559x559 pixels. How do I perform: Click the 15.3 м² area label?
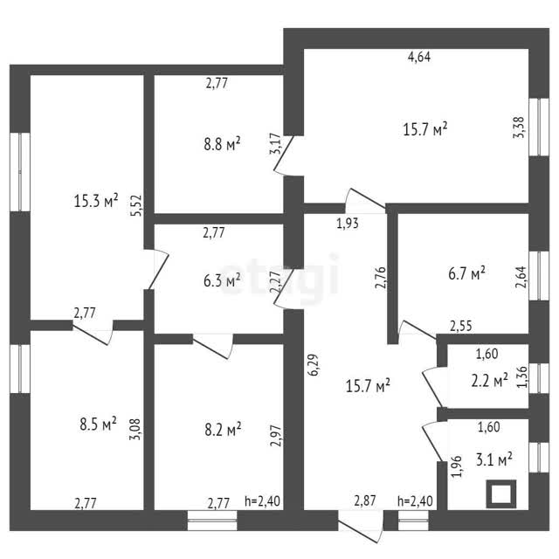coord(96,201)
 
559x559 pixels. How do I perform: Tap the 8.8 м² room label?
coord(222,143)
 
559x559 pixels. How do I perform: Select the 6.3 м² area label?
coord(222,280)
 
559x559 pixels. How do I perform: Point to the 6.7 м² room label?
coord(466,273)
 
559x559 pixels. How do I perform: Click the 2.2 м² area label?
coord(489,381)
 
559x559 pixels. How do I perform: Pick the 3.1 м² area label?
coord(494,459)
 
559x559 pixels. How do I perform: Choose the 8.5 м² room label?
coord(98,424)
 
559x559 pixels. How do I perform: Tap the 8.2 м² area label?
coord(223,429)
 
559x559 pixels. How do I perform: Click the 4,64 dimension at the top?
coord(419,57)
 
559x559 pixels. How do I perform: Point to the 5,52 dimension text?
coord(136,205)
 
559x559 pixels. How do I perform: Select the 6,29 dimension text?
coord(314,365)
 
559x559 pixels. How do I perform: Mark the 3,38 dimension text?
coord(519,128)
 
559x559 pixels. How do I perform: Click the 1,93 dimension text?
coord(348,224)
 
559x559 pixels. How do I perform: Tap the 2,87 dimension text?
coord(365,500)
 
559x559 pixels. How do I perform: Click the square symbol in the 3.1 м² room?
coord(501,494)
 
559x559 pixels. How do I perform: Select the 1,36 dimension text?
coord(521,377)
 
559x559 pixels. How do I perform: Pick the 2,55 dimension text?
coord(461,326)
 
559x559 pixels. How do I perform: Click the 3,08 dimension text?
coord(135,429)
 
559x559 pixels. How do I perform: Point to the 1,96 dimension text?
coord(457,466)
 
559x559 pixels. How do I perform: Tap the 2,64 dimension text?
coord(521,278)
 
